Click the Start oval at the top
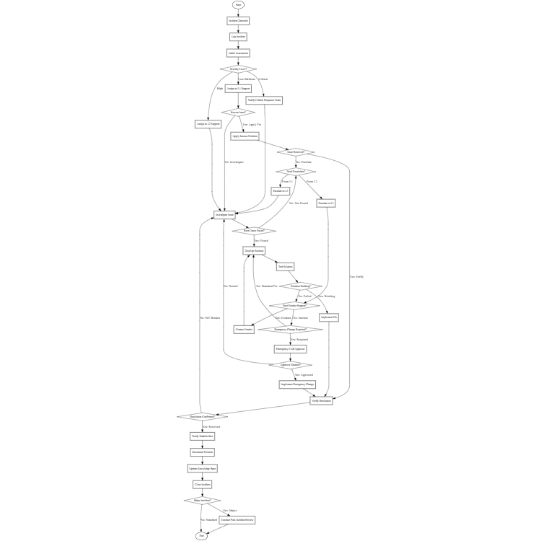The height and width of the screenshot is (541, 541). point(238,5)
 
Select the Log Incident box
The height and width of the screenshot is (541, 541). point(238,37)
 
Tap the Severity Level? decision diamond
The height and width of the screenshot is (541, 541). point(238,69)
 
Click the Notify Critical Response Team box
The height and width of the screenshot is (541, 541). point(264,100)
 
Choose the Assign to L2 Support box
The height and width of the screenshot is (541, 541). point(207,124)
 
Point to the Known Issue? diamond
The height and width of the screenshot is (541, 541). point(238,113)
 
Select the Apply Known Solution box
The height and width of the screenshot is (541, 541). point(245,136)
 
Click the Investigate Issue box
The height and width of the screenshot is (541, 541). point(224,215)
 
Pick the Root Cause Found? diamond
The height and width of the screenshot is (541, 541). point(254,231)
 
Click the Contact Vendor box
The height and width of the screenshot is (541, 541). point(244,329)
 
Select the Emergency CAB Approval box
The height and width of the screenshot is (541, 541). point(291,348)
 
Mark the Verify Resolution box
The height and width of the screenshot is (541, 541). point(321,400)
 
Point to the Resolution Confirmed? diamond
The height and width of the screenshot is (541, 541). point(202,416)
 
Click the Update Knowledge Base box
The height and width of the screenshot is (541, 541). point(202,468)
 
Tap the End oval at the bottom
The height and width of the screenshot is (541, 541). point(202,536)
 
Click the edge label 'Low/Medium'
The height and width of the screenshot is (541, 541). point(247,79)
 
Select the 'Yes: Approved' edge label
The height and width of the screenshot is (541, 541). point(304,375)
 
